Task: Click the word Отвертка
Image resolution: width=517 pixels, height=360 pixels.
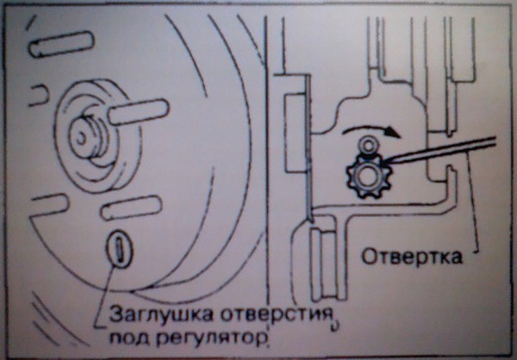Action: tap(412, 257)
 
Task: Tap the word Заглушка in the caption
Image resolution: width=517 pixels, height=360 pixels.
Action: tap(161, 314)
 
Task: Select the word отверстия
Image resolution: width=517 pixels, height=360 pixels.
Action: tap(276, 314)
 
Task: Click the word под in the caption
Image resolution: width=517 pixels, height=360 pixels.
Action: tap(130, 337)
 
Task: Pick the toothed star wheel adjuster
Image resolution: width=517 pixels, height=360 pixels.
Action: tap(369, 177)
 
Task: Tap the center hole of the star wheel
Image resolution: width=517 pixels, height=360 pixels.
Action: tap(367, 177)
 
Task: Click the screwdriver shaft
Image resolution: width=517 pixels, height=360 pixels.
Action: tap(439, 150)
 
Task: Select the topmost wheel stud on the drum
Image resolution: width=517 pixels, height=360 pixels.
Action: tap(61, 44)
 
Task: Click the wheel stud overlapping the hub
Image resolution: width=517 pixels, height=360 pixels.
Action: tap(139, 112)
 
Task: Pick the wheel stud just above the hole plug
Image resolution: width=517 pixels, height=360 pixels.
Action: tap(131, 208)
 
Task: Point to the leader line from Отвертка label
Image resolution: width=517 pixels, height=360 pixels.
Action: tap(473, 202)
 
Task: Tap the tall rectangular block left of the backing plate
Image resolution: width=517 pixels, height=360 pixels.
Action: tap(295, 133)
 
